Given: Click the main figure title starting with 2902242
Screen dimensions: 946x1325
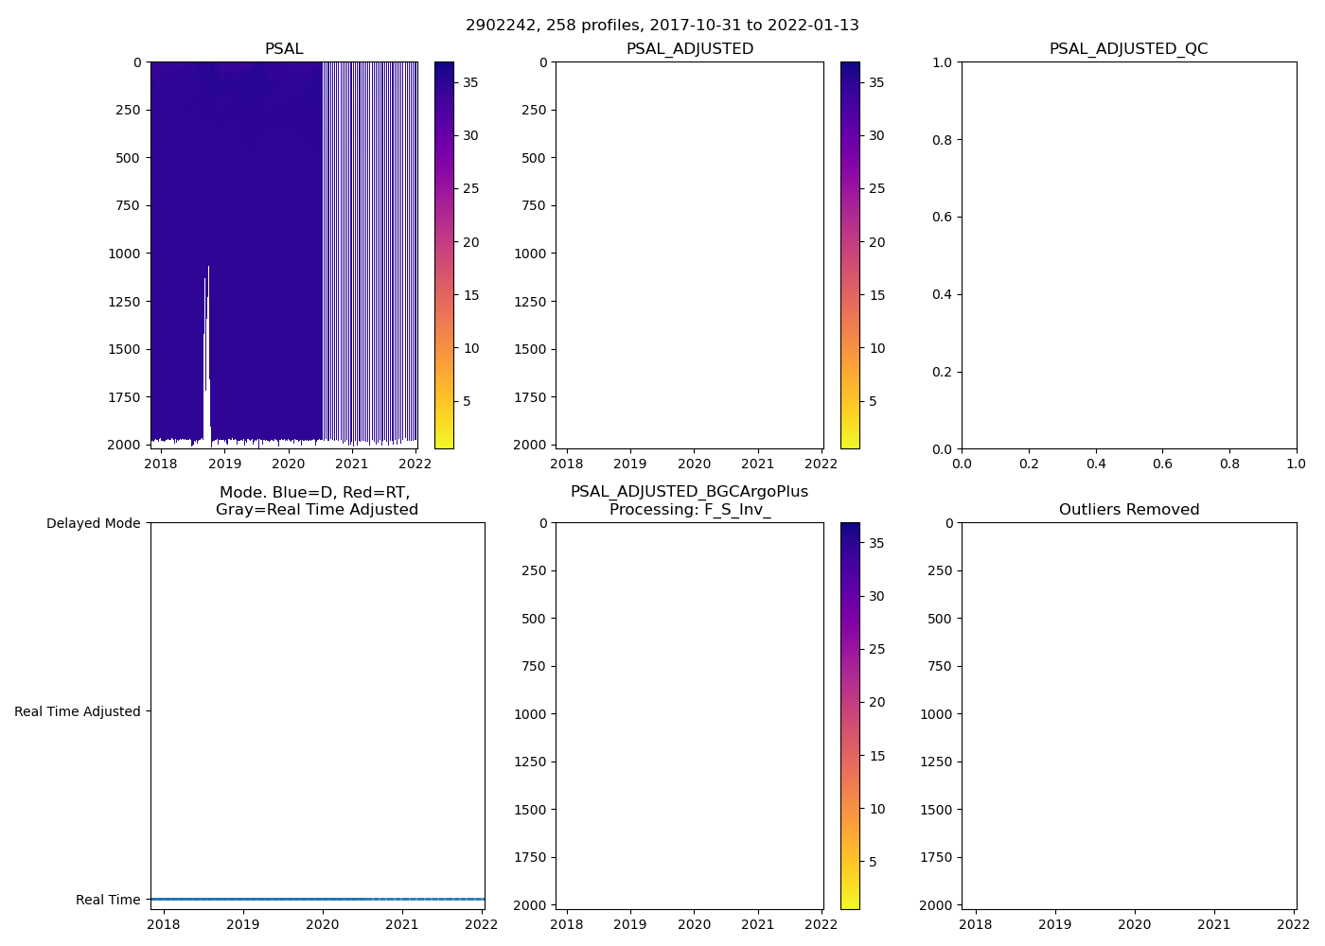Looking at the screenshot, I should pos(662,26).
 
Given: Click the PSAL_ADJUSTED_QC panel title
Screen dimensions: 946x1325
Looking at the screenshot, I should pos(1128,49).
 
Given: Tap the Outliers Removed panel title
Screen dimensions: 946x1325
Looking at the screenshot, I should pos(1128,510).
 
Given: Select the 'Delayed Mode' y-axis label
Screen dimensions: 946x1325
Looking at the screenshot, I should pos(93,523).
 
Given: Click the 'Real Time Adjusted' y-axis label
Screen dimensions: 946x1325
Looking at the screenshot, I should pos(77,711).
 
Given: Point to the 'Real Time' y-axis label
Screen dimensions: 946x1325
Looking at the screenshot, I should pos(108,900).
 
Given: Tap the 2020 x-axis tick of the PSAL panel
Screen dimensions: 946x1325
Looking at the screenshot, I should pos(289,464).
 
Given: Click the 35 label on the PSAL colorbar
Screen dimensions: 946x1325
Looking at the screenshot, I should pos(470,82).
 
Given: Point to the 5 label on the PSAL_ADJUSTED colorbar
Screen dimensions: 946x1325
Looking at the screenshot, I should pos(873,401).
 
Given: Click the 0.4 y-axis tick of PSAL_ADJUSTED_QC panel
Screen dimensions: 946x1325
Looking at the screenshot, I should pos(942,294).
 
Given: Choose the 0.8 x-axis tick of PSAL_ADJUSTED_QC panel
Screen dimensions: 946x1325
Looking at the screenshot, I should pos(1229,464).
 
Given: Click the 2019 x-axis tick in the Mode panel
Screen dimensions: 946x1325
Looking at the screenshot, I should pos(243,924).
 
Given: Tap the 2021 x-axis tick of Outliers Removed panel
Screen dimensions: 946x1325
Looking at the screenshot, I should pos(1214,924).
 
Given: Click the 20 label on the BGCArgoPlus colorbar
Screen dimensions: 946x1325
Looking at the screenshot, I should pos(876,702).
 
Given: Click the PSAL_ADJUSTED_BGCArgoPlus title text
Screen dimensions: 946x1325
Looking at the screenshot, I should pos(689,492).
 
